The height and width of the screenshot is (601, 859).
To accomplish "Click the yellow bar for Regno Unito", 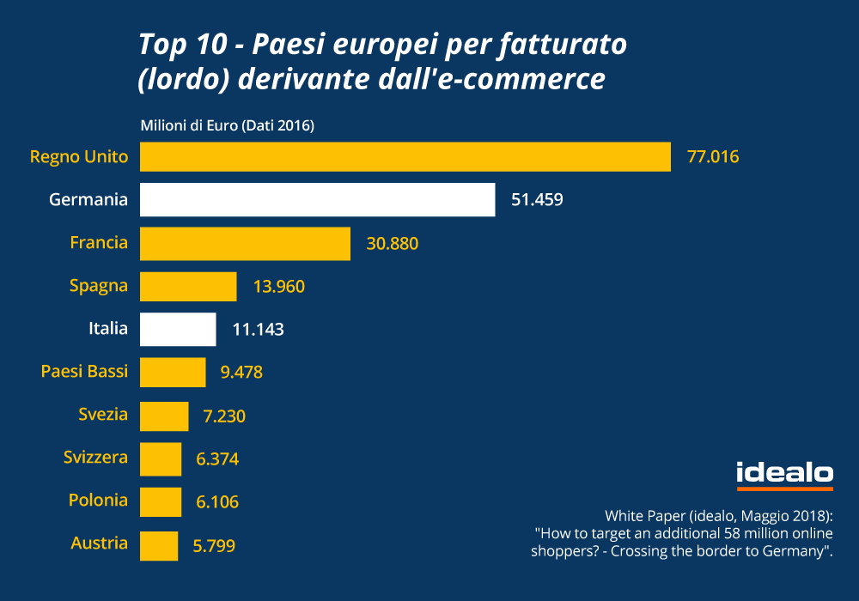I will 405,157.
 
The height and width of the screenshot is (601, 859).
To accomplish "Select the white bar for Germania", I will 317,200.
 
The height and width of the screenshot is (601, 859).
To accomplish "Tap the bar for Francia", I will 245,243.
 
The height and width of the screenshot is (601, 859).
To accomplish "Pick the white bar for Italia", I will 178,329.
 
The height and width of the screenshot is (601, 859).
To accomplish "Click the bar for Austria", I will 159,544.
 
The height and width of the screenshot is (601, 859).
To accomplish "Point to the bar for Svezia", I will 164,416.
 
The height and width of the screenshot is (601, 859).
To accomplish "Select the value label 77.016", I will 713,157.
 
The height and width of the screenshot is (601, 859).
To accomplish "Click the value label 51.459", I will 537,200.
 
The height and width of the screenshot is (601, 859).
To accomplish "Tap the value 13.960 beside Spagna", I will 279,287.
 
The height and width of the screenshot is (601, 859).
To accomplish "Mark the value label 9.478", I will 241,373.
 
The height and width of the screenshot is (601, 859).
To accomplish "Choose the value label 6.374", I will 217,459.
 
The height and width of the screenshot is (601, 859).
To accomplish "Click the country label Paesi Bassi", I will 84,372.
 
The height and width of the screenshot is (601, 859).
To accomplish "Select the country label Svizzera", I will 95,458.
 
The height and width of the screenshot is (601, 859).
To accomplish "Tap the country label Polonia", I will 98,501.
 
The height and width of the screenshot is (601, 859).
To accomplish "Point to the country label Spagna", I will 99,286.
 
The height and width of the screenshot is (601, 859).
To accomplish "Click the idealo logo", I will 784,474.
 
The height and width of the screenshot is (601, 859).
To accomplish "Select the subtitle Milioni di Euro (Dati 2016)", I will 227,126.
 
